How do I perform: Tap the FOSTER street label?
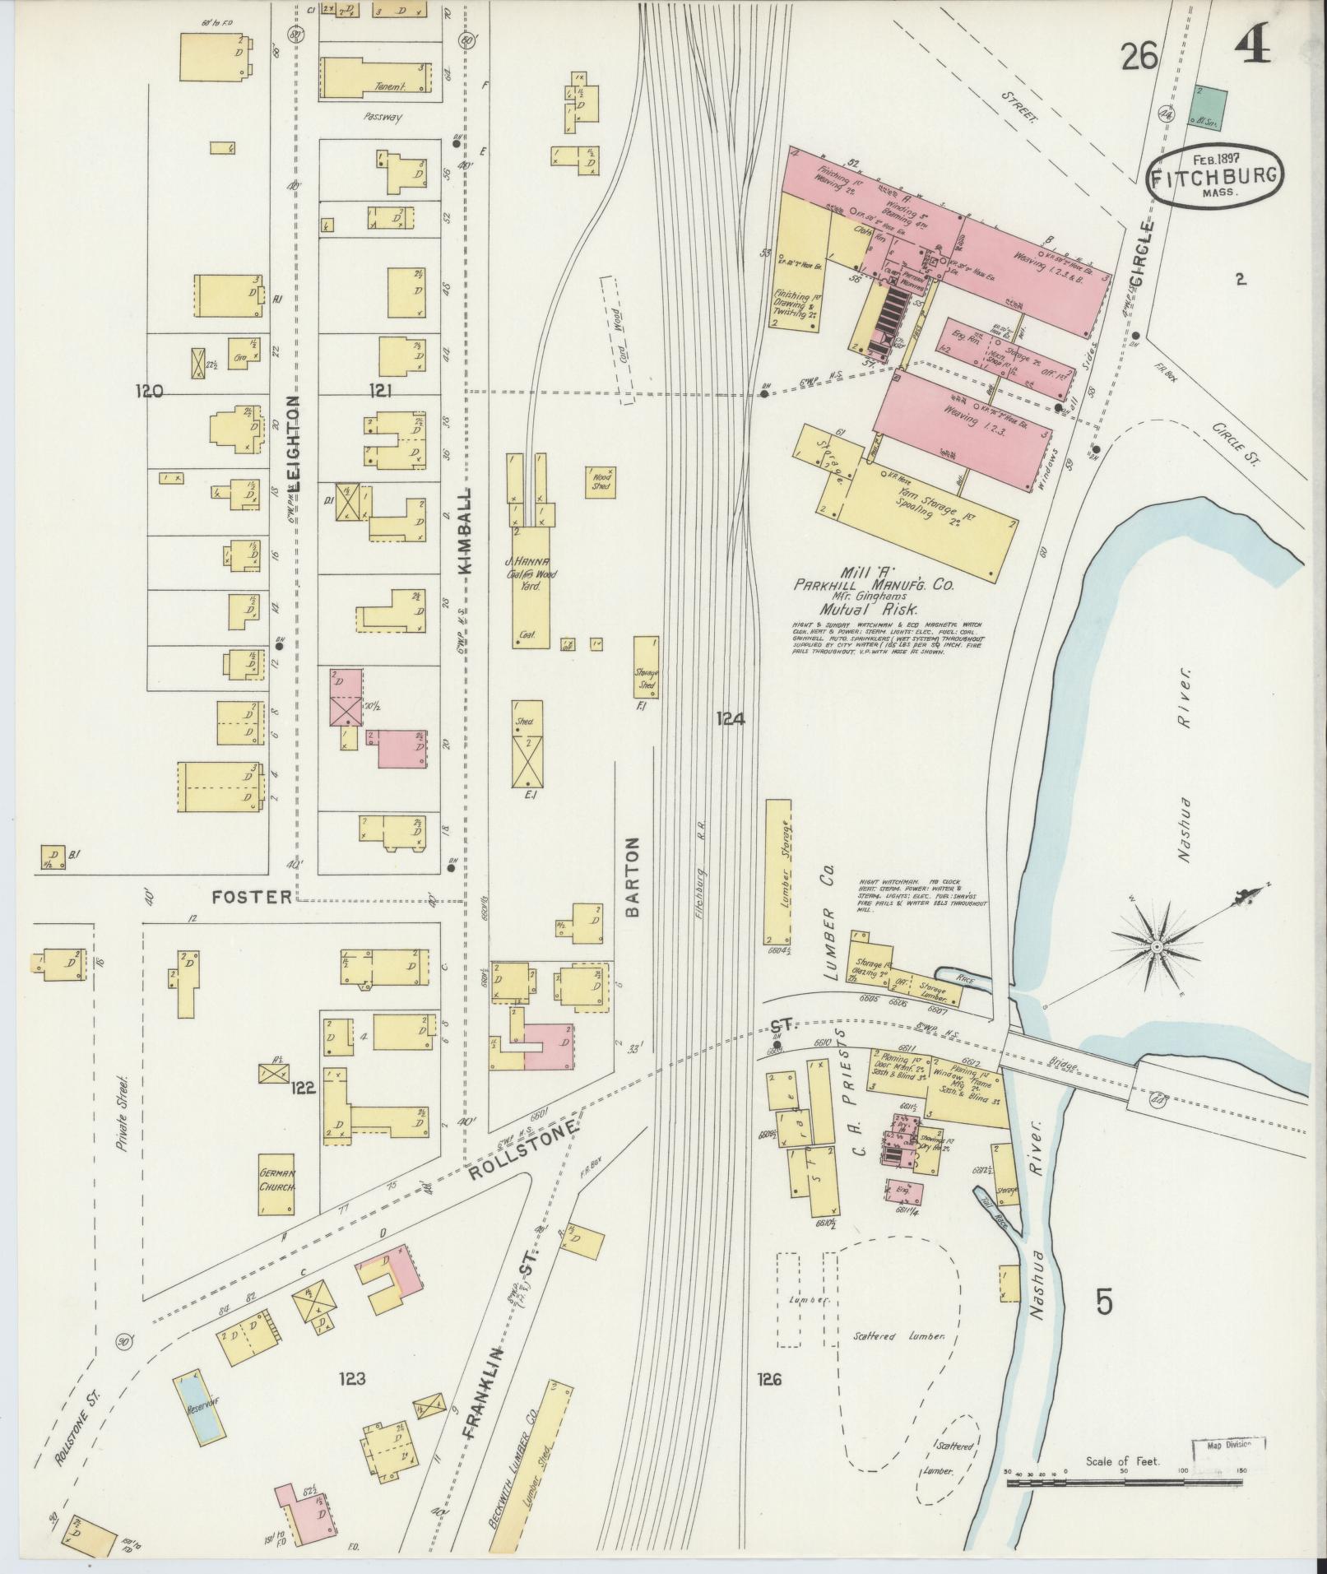251,896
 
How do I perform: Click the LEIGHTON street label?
294,443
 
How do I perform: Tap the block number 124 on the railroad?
730,719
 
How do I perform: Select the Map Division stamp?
1228,1444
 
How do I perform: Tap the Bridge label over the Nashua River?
1066,1065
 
